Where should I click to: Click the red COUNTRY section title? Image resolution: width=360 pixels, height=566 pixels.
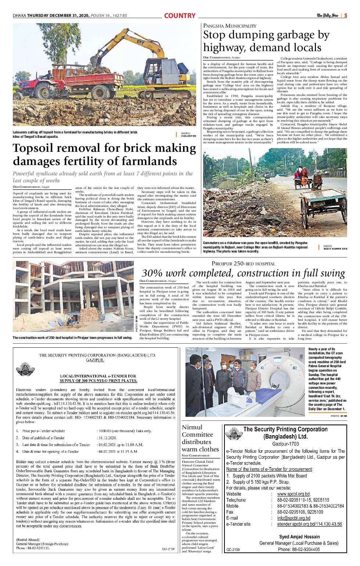pyautogui.click(x=180, y=16)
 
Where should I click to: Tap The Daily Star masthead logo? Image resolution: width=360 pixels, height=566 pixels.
pyautogui.click(x=328, y=15)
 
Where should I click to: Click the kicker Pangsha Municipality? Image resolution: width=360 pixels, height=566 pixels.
pyautogui.click(x=230, y=26)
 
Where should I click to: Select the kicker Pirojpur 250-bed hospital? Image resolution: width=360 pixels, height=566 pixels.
pyautogui.click(x=243, y=264)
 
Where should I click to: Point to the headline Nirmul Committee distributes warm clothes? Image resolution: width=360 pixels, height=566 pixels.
pyautogui.click(x=200, y=438)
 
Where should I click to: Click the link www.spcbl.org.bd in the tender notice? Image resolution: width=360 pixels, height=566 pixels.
pyautogui.click(x=294, y=494)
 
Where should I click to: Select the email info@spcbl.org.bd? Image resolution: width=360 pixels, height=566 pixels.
pyautogui.click(x=294, y=518)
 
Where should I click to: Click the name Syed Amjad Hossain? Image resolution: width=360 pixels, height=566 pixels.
pyautogui.click(x=299, y=537)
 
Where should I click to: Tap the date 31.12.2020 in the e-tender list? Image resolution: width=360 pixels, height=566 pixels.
pyautogui.click(x=107, y=438)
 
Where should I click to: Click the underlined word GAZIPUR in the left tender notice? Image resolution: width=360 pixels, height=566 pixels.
pyautogui.click(x=95, y=360)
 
